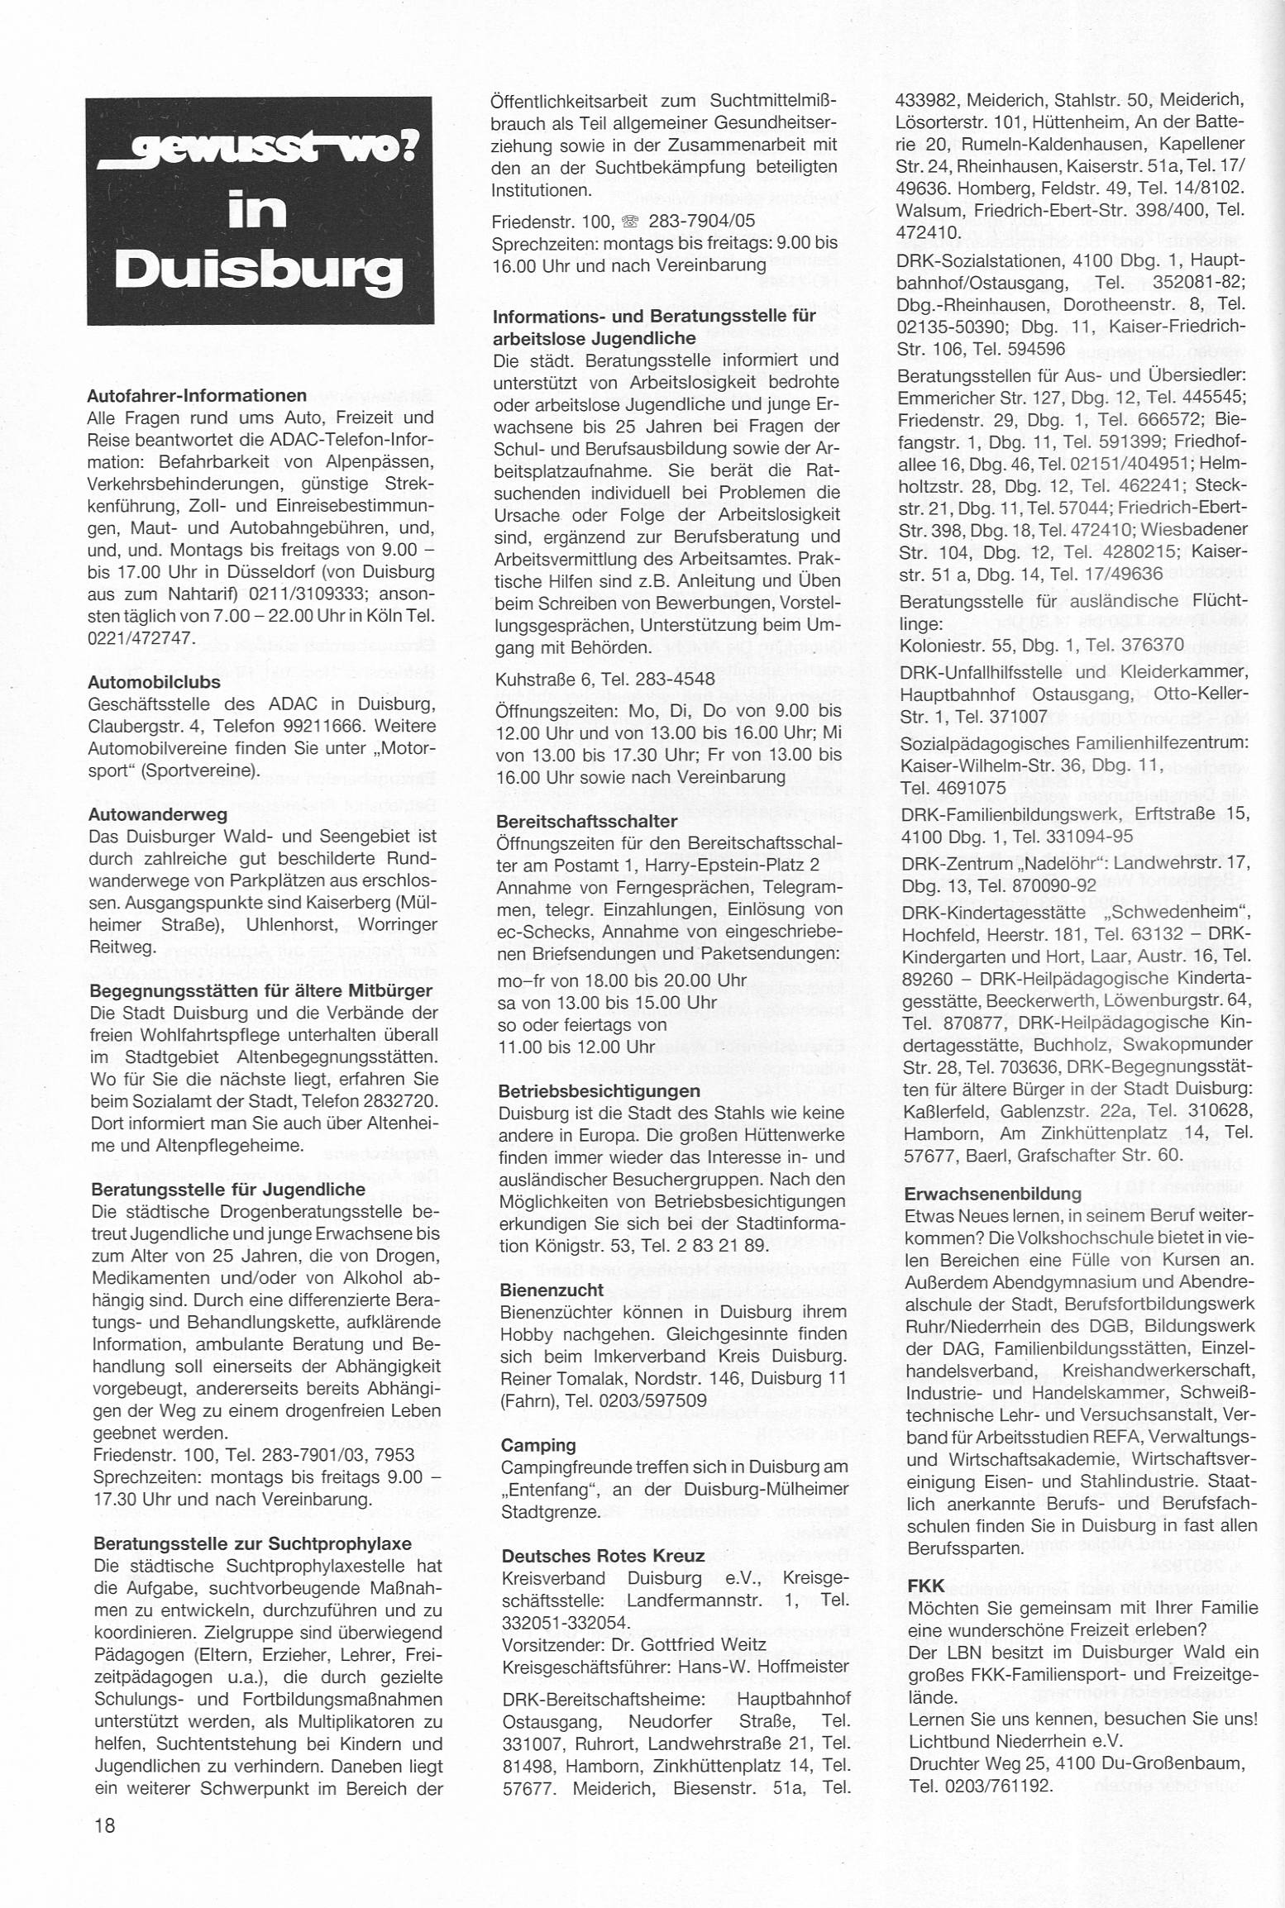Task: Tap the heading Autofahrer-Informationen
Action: (x=197, y=395)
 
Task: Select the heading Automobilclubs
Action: (x=154, y=682)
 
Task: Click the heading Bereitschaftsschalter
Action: (x=586, y=821)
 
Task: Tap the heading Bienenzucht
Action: (x=552, y=1289)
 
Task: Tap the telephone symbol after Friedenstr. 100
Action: (x=631, y=221)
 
